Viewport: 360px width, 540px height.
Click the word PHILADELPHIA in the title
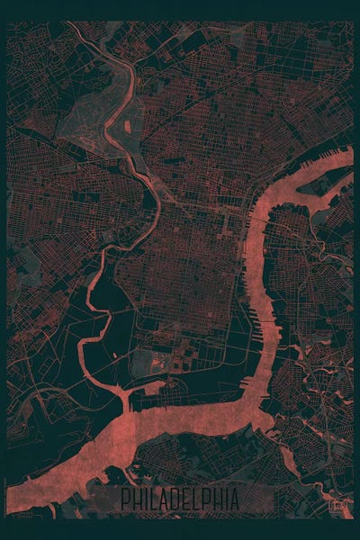point(180,499)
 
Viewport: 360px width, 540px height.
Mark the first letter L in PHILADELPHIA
point(158,499)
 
